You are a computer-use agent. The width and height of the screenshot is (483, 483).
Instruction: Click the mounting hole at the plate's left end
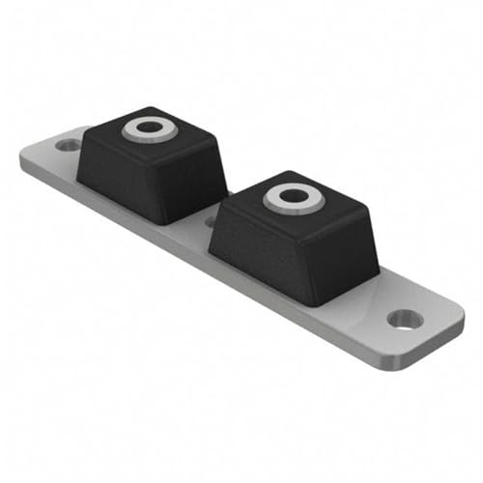tap(69, 146)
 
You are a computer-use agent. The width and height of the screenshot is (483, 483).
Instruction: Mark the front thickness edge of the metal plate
tap(193, 256)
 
